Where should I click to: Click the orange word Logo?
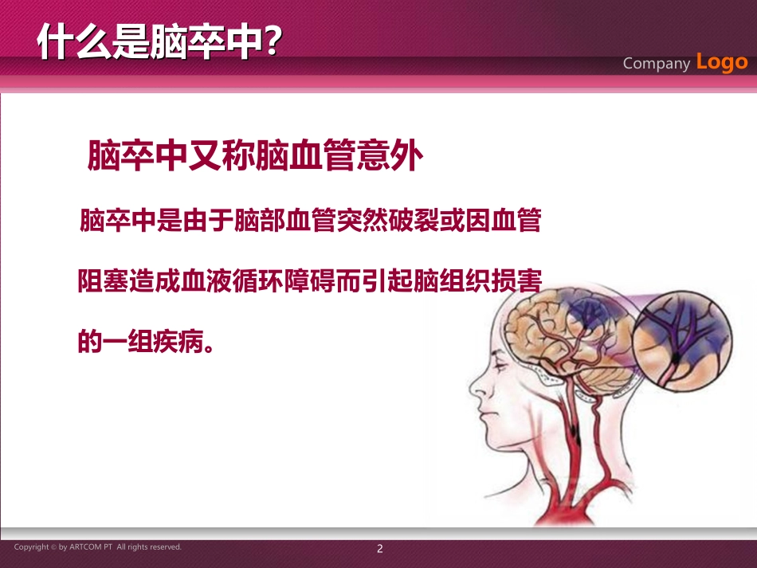pyautogui.click(x=722, y=61)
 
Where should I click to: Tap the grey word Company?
pyautogui.click(x=656, y=64)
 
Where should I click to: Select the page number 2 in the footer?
pyautogui.click(x=380, y=548)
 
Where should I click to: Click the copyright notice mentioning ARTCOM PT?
pyautogui.click(x=98, y=547)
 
